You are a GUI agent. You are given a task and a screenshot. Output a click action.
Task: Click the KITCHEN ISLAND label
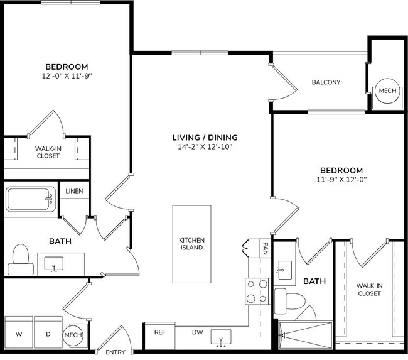[192, 244]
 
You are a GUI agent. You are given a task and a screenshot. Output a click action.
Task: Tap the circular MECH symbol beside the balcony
[387, 91]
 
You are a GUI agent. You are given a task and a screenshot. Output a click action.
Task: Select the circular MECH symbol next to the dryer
[73, 334]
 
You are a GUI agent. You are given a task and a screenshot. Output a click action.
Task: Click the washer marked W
[18, 334]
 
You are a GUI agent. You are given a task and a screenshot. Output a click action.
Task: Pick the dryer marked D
[48, 334]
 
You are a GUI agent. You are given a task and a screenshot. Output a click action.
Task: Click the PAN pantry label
[266, 248]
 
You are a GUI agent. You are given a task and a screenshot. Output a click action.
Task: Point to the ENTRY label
[115, 352]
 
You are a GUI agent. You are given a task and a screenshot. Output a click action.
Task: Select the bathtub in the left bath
[30, 200]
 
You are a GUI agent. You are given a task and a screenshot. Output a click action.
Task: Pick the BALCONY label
[326, 82]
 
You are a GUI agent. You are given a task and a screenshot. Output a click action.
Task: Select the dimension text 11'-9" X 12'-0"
[341, 180]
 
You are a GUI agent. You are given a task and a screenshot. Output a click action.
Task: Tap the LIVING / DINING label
[205, 138]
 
